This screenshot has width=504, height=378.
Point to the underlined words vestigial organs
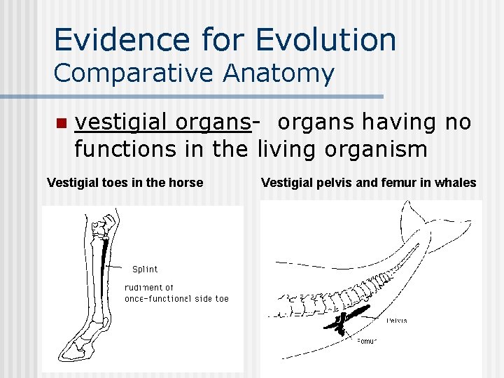pyautogui.click(x=162, y=123)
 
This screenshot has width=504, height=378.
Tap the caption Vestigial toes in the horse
pyautogui.click(x=125, y=183)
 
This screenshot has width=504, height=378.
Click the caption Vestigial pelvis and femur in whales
pyautogui.click(x=368, y=183)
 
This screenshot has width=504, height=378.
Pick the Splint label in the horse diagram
pyautogui.click(x=145, y=269)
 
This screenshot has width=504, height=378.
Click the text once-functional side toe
pyautogui.click(x=176, y=299)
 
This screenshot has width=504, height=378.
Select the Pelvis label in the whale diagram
pyautogui.click(x=396, y=321)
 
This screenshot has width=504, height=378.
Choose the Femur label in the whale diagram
pyautogui.click(x=367, y=342)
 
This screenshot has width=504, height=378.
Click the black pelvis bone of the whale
pyautogui.click(x=353, y=311)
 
